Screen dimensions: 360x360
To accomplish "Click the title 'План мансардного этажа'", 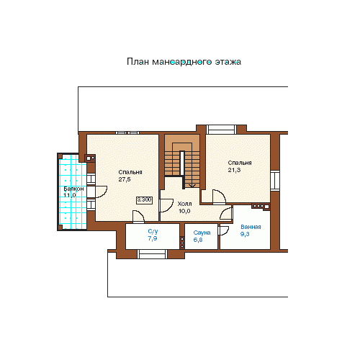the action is (184, 62).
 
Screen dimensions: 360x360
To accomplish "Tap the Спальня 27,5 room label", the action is (130, 176).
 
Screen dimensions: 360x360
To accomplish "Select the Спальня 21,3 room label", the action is (240, 166).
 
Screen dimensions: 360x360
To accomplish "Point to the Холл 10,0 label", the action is (184, 207).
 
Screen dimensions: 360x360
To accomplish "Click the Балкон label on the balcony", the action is (73, 189).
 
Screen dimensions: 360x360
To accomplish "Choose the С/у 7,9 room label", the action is (153, 235).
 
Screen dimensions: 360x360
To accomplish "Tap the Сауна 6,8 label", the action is (202, 236).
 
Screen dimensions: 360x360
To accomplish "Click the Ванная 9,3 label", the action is (251, 230).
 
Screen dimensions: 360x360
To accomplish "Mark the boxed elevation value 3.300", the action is (144, 199).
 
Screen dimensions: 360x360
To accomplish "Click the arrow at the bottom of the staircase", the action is (192, 185).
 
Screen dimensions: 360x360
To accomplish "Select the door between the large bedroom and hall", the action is (166, 205).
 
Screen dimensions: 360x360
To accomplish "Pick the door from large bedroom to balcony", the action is (101, 192).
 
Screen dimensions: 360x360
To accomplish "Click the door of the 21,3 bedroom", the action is (219, 197).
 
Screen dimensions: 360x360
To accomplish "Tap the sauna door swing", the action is (224, 230).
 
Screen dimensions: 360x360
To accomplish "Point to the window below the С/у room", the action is (152, 254).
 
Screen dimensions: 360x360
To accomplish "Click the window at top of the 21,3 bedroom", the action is (221, 129).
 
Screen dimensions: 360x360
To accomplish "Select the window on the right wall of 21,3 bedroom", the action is (275, 180).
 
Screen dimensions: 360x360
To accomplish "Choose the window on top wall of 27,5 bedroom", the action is (127, 132).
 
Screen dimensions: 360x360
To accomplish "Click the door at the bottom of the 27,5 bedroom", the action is (138, 217).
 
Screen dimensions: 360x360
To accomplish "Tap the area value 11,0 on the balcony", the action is (70, 195).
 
